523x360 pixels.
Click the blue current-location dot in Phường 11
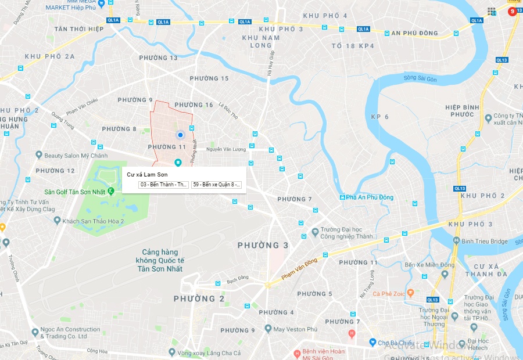(x=180, y=135)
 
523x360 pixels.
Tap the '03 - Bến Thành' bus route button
(x=164, y=185)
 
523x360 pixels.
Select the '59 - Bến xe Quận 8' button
(x=216, y=185)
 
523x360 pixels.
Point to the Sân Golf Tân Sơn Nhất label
(x=76, y=192)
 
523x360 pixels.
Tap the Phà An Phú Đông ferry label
(x=371, y=197)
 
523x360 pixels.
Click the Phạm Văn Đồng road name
(x=300, y=269)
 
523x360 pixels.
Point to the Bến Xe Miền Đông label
(x=430, y=265)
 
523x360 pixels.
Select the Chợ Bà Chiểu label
(x=397, y=343)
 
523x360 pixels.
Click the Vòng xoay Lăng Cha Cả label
(x=209, y=353)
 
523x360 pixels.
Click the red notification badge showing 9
(x=513, y=11)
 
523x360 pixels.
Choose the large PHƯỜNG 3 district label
(x=263, y=246)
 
